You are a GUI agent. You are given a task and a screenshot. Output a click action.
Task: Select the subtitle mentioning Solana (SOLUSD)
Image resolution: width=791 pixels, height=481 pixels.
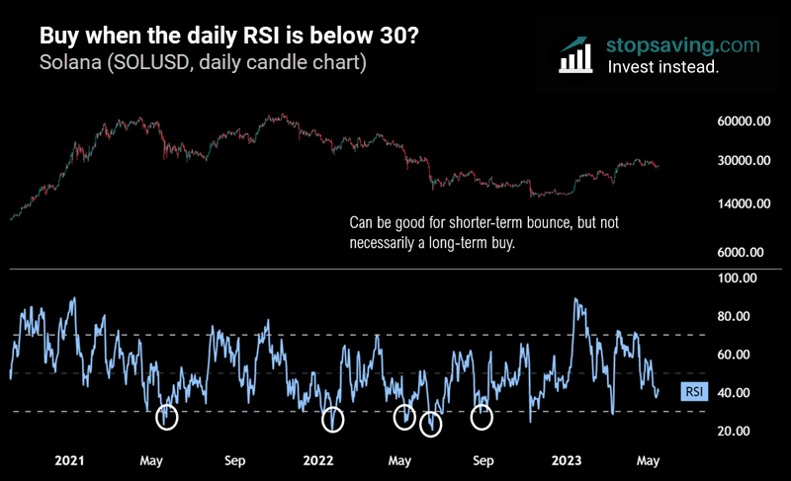(x=204, y=63)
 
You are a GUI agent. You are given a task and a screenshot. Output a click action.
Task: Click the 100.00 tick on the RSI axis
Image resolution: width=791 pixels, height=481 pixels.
(x=737, y=279)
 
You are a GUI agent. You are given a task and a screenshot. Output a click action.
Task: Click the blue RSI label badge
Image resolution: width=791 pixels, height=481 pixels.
(x=695, y=392)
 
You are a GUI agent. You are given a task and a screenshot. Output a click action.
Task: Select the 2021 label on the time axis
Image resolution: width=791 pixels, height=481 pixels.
(x=69, y=460)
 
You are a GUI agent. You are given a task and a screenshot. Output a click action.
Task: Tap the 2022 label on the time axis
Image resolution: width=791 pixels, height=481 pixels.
(x=318, y=460)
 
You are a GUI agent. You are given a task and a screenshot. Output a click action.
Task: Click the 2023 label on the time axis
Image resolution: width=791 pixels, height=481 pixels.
(x=567, y=460)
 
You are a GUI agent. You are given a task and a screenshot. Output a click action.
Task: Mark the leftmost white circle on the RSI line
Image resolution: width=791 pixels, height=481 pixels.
(x=167, y=418)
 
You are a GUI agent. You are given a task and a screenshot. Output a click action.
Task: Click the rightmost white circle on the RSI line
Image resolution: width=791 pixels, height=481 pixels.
(x=482, y=417)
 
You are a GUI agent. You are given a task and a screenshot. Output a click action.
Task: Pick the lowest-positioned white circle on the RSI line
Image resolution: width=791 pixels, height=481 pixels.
(x=430, y=425)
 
